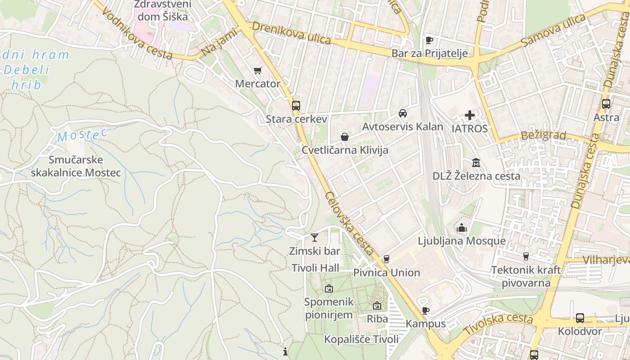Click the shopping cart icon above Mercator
pyautogui.click(x=258, y=70)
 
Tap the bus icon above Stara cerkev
pyautogui.click(x=296, y=106)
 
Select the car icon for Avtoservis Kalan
pyautogui.click(x=403, y=113)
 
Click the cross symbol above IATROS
pyautogui.click(x=470, y=115)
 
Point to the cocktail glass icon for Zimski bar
pyautogui.click(x=315, y=238)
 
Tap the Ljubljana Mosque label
pyautogui.click(x=462, y=241)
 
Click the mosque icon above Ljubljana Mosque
pyautogui.click(x=462, y=228)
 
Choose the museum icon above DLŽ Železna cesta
pyautogui.click(x=476, y=162)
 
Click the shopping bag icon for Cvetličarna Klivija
pyautogui.click(x=345, y=137)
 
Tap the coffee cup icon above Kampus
pyautogui.click(x=426, y=310)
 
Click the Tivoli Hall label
pyautogui.click(x=315, y=268)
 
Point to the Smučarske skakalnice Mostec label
pyautogui.click(x=76, y=166)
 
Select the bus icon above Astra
pyautogui.click(x=606, y=104)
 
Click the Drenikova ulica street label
pyautogui.click(x=292, y=33)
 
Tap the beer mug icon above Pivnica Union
pyautogui.click(x=386, y=259)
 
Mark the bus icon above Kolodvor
pyautogui.click(x=580, y=318)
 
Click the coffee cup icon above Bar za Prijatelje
pyautogui.click(x=429, y=40)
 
